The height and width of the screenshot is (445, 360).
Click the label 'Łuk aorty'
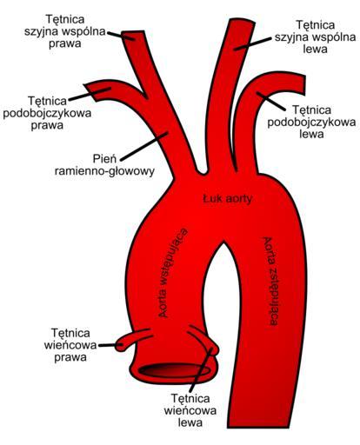tap(227, 199)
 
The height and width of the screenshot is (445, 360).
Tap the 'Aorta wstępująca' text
tap(172, 273)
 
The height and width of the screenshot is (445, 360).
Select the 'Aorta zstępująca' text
tap(270, 281)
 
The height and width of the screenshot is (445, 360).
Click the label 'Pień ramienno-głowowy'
tap(104, 165)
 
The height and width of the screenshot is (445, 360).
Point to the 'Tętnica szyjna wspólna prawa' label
tap(65, 31)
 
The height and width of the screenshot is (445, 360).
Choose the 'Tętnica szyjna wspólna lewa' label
tap(316, 37)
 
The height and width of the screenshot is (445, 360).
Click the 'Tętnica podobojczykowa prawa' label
tap(47, 113)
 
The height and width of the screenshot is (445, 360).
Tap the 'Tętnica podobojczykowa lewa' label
tap(311, 122)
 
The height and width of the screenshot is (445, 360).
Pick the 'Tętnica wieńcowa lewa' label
tap(190, 410)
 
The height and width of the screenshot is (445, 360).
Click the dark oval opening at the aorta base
tap(174, 370)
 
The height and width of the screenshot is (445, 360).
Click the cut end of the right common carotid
tap(133, 34)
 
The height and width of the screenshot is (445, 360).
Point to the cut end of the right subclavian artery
tap(90, 91)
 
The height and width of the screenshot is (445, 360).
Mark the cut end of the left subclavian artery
tap(303, 84)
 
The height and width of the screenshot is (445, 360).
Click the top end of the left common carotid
tap(243, 21)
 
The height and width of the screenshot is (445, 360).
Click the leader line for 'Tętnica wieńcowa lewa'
tap(201, 370)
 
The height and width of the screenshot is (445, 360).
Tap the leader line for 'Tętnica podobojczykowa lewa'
tap(271, 101)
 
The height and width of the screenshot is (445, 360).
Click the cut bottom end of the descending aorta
tap(258, 427)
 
